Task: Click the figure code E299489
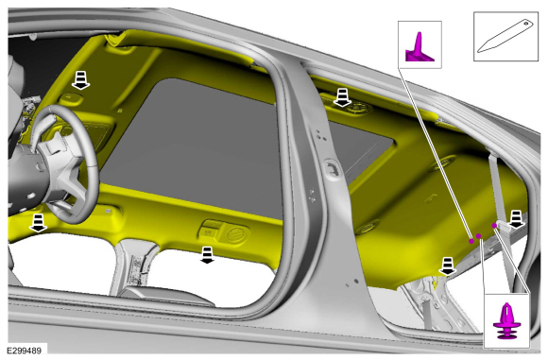[25, 351]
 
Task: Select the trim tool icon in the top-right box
[505, 36]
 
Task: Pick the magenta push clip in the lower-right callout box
[506, 321]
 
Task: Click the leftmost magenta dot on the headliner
[471, 241]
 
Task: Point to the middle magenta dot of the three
[479, 236]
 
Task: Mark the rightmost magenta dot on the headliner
[494, 226]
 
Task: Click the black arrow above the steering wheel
[80, 80]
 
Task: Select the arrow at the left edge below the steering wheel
[38, 223]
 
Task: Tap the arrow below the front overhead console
[207, 255]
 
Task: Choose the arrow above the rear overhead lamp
[342, 97]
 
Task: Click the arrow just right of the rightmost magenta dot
[516, 219]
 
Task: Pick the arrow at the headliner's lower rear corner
[448, 266]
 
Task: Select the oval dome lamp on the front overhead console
[238, 233]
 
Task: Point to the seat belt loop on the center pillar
[332, 168]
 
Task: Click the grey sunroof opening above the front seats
[196, 146]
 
